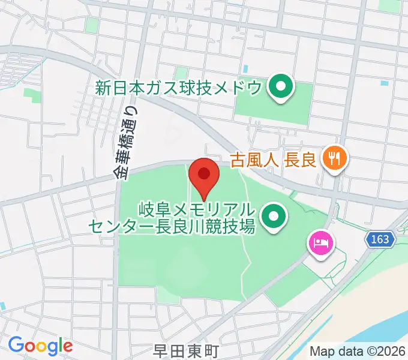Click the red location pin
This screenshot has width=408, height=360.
pos(204,175)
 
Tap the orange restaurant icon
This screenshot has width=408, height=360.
pos(332,159)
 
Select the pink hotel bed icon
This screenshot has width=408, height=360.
pos(319,244)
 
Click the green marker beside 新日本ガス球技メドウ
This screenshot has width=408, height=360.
pos(279,88)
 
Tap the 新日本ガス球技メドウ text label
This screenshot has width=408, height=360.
pos(179,88)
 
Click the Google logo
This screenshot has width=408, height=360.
pos(40,345)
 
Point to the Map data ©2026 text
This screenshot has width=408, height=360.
pos(358,351)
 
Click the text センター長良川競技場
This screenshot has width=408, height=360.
pos(173,226)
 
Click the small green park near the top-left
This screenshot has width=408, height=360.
pos(91,25)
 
